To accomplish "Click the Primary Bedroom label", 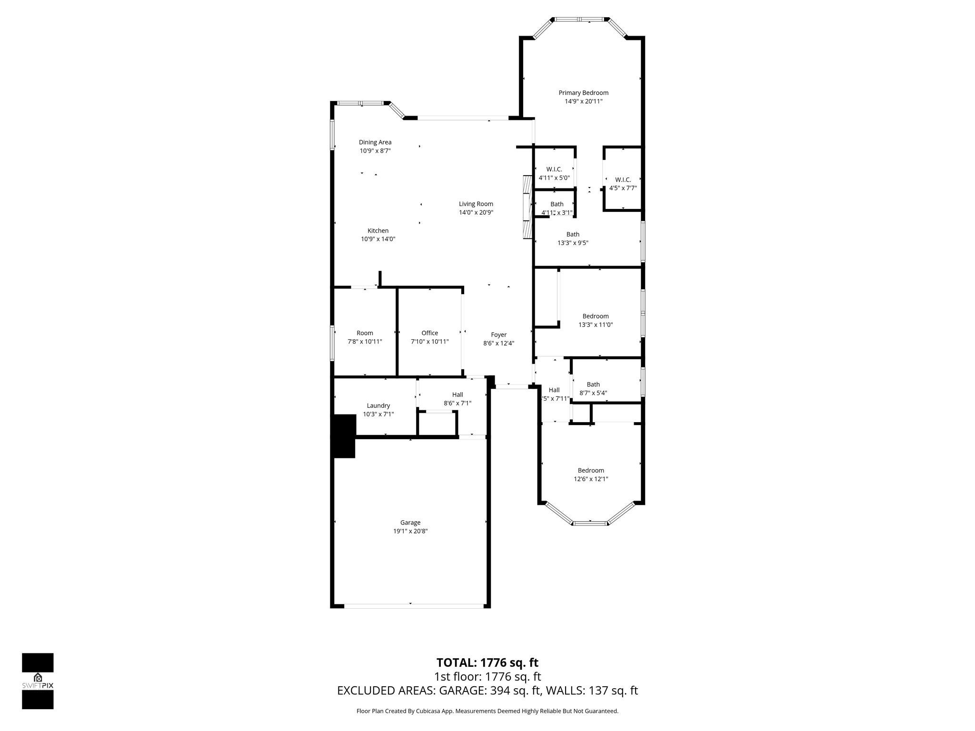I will point(583,93).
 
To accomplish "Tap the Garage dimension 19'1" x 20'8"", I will point(410,531).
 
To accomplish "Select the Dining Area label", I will point(375,142).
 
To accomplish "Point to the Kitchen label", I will point(378,231).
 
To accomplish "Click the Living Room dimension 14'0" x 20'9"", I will point(476,213).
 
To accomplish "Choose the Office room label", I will point(429,333).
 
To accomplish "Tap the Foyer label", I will point(498,335).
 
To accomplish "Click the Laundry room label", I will point(378,406).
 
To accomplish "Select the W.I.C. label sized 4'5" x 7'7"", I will point(623,180).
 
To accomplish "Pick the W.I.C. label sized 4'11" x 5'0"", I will point(554,169).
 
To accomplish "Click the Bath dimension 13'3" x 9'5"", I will point(573,243).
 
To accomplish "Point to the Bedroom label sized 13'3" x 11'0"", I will point(596,316).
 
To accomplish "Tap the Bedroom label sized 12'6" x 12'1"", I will point(591,471).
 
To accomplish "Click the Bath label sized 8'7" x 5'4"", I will point(593,385).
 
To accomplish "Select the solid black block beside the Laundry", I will point(344,436).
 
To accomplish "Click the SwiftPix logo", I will point(38,681).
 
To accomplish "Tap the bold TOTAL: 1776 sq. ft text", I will point(487,662).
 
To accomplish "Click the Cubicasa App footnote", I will point(487,711).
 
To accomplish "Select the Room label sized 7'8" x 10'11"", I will point(365,333).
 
